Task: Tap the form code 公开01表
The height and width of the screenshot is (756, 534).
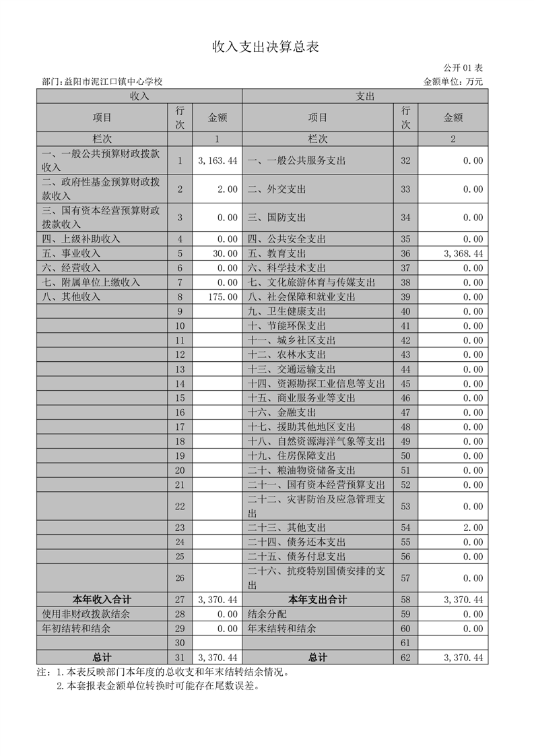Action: click(463, 68)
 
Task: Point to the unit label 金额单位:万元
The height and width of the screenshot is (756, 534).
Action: click(453, 82)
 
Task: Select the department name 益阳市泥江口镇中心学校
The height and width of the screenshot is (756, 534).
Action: click(112, 82)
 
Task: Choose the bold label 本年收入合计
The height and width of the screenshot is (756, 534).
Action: click(102, 600)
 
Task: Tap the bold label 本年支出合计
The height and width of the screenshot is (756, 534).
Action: click(318, 600)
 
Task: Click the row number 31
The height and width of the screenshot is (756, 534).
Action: click(180, 657)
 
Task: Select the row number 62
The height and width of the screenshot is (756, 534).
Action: click(405, 657)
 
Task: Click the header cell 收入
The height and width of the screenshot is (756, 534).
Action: click(139, 96)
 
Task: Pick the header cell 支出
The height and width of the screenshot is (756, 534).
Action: click(365, 96)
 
